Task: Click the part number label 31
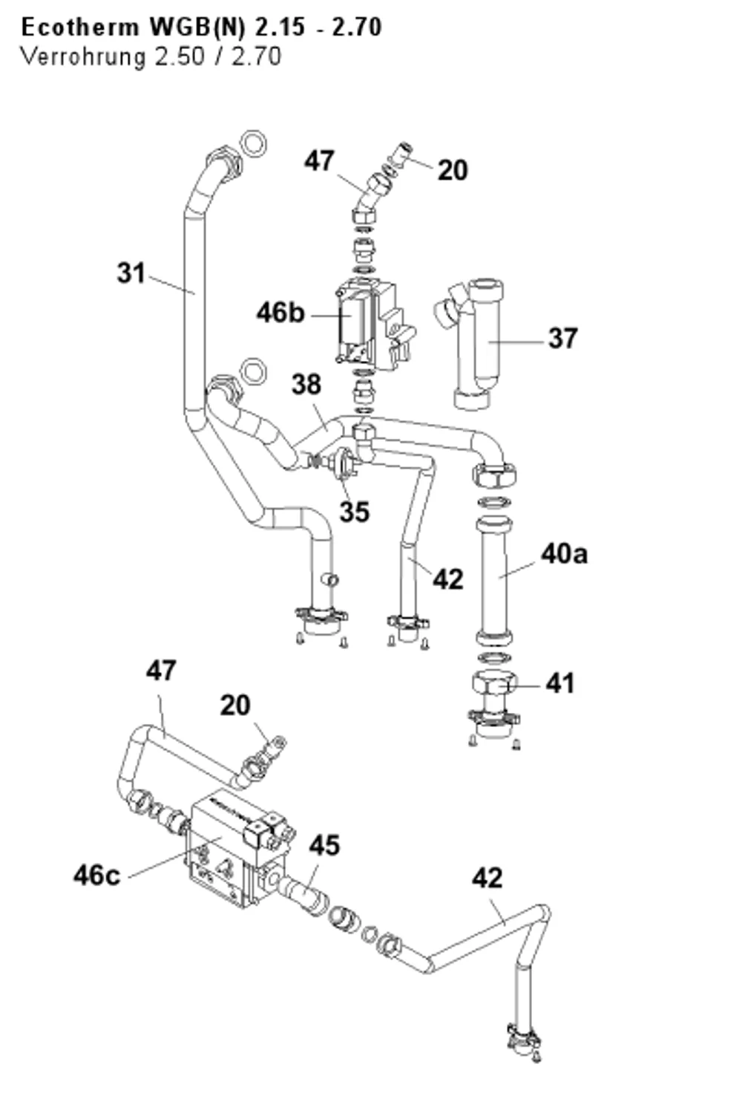tap(131, 273)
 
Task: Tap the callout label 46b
tap(280, 313)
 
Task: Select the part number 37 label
tap(562, 338)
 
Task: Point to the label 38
tap(306, 385)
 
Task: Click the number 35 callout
tap(355, 512)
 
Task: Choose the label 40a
tap(564, 553)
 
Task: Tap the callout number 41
tap(559, 683)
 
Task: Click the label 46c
tap(96, 875)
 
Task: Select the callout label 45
tap(325, 845)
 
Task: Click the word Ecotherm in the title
tap(80, 27)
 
